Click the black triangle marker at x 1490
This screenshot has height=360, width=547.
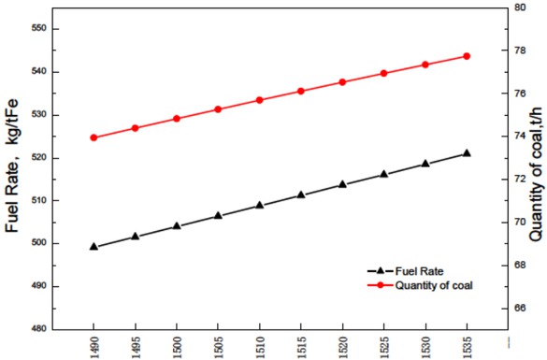click(x=94, y=246)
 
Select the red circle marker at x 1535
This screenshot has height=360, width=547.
click(x=467, y=56)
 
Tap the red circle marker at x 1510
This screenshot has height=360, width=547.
click(x=259, y=100)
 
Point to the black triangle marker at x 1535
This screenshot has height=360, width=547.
click(x=467, y=153)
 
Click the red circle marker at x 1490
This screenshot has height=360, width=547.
click(x=94, y=137)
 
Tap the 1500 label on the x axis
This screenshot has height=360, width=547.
click(x=177, y=346)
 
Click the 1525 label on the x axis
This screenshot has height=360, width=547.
click(x=383, y=346)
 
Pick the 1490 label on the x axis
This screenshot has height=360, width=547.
click(x=94, y=346)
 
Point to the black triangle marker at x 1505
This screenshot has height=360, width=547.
click(x=218, y=215)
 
